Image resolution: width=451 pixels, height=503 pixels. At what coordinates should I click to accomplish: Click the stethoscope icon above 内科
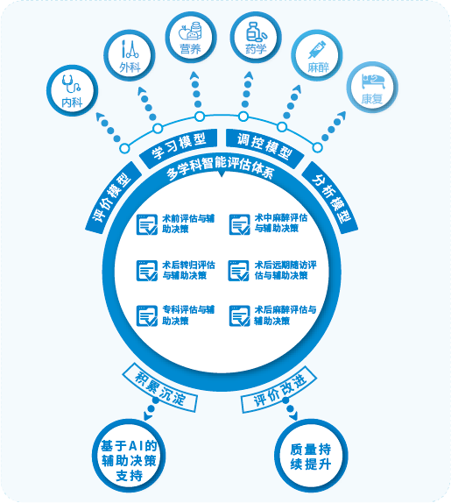(x=71, y=84)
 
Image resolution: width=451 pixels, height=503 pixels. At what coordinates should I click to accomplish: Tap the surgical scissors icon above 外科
(x=130, y=49)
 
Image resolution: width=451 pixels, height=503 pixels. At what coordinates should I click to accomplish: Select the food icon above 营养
(x=190, y=32)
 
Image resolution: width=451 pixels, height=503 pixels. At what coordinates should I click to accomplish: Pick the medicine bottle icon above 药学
(x=256, y=32)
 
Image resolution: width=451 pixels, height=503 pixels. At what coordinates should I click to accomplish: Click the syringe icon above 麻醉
(x=317, y=49)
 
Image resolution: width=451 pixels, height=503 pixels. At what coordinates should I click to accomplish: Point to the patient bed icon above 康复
(x=373, y=81)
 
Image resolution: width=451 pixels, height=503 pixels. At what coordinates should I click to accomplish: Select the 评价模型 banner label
(x=113, y=197)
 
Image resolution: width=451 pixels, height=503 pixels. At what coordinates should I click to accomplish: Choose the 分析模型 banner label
(x=330, y=198)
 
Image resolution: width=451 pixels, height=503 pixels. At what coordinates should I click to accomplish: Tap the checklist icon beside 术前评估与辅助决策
(x=147, y=224)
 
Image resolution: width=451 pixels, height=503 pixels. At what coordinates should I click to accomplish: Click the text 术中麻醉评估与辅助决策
(x=281, y=223)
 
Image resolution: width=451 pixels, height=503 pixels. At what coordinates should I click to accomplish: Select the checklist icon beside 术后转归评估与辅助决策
(x=147, y=271)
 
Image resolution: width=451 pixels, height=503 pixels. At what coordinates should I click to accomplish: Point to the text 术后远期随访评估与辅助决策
(x=285, y=270)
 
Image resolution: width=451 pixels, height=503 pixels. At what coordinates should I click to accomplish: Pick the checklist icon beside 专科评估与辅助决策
(x=147, y=316)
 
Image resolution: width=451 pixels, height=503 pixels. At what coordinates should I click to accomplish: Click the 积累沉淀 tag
(x=159, y=388)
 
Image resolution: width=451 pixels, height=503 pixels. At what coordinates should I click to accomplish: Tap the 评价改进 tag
(x=279, y=389)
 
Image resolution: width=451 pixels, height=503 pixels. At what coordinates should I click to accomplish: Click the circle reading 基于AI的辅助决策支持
(x=129, y=456)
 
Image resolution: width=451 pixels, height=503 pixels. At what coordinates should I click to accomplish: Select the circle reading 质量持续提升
(x=311, y=456)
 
